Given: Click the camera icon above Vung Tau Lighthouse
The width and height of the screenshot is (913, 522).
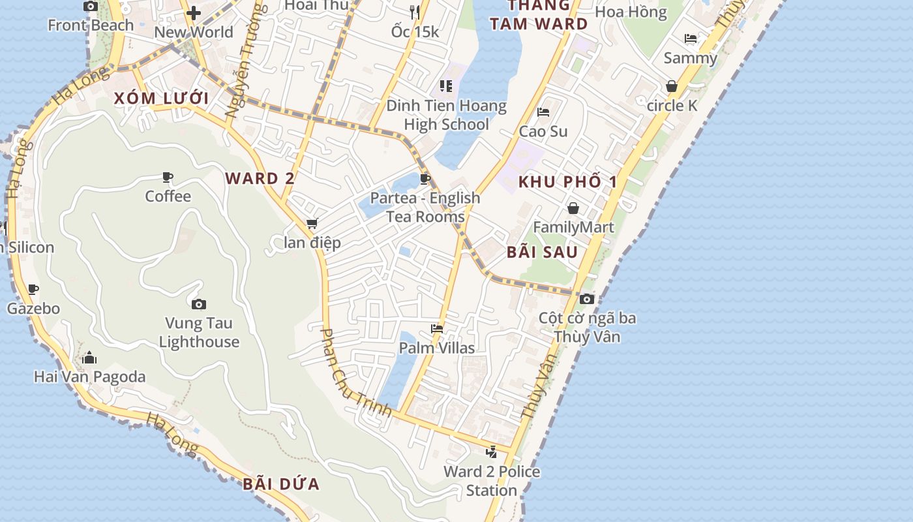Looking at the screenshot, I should coord(199,304).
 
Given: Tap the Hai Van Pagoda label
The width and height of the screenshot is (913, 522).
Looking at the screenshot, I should coord(89,376).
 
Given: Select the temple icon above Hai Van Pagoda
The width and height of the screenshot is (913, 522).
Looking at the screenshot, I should coord(89,358).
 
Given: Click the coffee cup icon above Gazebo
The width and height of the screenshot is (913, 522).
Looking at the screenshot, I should coord(33,289).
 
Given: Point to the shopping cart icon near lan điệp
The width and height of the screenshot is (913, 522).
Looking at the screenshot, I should coord(312,224).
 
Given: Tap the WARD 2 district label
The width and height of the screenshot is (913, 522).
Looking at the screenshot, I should coord(260,178).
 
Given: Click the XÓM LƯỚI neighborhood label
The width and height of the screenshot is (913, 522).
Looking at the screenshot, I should coord(161,99).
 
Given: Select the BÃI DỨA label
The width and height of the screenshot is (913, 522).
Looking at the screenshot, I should coord(281,484).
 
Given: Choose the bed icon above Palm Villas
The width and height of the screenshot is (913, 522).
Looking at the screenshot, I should coord(437,329).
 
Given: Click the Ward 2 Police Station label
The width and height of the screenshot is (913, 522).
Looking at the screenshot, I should coord(492,481).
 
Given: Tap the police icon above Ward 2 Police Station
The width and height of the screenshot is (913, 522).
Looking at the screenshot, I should coord(492,452).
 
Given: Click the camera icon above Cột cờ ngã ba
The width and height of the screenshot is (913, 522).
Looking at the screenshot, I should coord(587,299).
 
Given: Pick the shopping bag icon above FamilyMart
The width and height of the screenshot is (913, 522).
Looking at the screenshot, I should coord(573,208).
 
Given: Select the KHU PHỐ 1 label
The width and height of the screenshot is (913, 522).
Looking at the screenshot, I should coord(567,182).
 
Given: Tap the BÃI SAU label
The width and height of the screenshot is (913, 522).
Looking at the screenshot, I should coord(542,252).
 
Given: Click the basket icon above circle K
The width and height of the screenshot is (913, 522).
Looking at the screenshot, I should coord(672,86).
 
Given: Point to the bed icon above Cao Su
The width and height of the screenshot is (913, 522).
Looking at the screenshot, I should coord(543,112).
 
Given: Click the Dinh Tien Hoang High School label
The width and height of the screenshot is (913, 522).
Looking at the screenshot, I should coord(446,115).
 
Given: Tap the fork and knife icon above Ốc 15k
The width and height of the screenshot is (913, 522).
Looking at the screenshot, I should coord(415,12).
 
